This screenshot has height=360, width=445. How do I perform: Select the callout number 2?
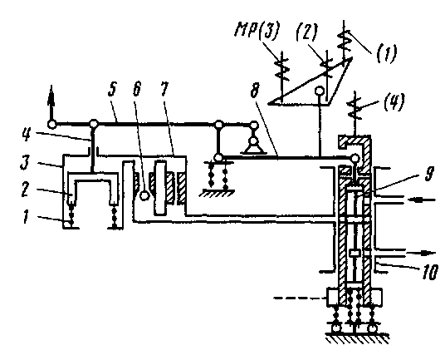[25, 190]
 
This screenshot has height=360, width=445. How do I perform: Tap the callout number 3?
[25, 162]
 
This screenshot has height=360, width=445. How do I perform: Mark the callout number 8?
[255, 90]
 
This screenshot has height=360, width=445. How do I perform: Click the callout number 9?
[429, 172]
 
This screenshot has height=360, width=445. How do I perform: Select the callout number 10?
[430, 272]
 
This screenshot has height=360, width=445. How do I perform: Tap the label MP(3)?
[257, 30]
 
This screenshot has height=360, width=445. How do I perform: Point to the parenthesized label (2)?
[307, 32]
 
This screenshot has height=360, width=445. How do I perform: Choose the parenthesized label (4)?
[394, 101]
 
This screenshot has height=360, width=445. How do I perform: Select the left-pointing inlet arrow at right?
[421, 200]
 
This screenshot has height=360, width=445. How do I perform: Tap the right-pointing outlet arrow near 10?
[421, 253]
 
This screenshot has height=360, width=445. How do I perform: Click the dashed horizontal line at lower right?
[300, 298]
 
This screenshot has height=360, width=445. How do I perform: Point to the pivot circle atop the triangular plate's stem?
[320, 91]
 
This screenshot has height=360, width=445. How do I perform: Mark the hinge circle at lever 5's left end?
[51, 124]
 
